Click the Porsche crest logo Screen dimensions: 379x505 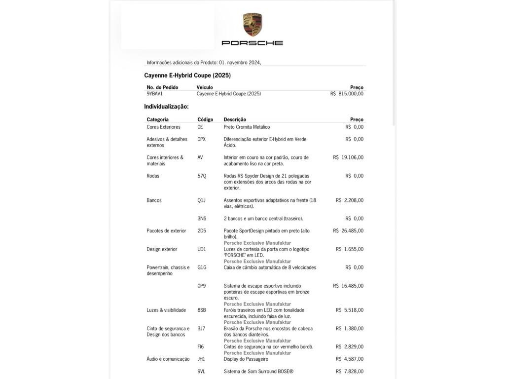click(252, 24)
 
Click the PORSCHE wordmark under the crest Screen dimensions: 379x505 click(252, 43)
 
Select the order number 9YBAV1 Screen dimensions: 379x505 click(154, 94)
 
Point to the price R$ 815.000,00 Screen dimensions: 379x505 click(347, 94)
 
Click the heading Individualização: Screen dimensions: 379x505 click(166, 107)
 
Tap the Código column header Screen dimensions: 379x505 click(205, 119)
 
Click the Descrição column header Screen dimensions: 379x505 click(235, 119)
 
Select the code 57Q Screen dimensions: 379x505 click(202, 176)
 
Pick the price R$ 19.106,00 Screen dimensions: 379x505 click(348, 157)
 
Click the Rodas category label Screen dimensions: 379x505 click(153, 176)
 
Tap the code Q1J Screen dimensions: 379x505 click(201, 200)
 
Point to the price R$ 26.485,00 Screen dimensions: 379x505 click(348, 231)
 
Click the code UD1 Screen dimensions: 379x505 click(202, 249)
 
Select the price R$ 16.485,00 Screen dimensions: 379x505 click(348, 286)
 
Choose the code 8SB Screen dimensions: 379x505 click(202, 310)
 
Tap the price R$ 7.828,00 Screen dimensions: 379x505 click(350, 372)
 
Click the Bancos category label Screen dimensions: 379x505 click(154, 200)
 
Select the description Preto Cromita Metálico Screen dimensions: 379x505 click(247, 127)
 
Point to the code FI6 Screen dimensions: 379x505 click(200, 347)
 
